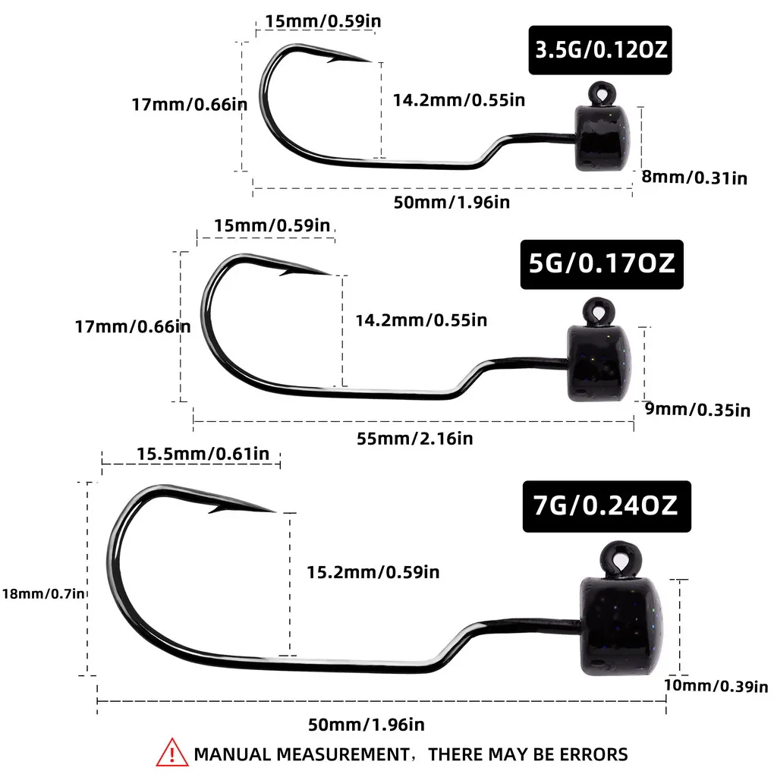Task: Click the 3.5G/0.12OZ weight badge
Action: (599, 50)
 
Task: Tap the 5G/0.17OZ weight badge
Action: (602, 264)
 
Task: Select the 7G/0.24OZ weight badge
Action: (606, 506)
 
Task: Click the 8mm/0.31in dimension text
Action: (694, 178)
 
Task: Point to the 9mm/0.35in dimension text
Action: (697, 410)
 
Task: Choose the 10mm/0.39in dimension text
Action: (716, 686)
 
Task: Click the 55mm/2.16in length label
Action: (414, 439)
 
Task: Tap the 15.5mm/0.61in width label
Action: (203, 454)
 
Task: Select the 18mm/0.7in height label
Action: (43, 593)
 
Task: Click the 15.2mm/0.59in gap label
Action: (373, 572)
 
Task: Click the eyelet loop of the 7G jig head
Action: (621, 559)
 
